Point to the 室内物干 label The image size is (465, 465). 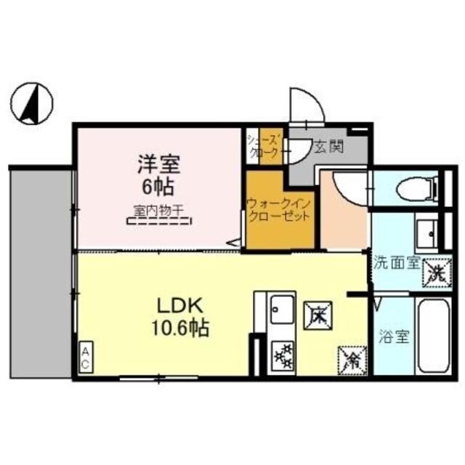tap(156, 210)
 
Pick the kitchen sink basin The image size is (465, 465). tap(280, 310)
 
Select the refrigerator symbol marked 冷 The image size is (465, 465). tap(349, 357)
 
